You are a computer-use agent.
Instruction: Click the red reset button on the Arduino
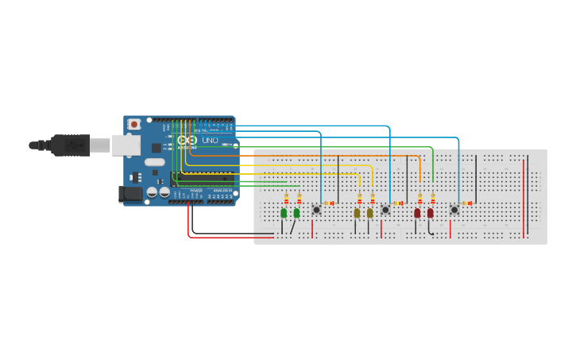click(134, 124)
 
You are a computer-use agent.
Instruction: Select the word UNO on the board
click(210, 141)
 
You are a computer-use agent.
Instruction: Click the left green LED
click(284, 213)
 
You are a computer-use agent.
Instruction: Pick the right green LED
click(296, 213)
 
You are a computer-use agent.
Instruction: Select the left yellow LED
click(357, 213)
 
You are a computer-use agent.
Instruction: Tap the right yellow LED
click(369, 213)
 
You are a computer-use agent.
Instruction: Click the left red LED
click(417, 213)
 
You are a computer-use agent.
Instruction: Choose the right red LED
click(430, 213)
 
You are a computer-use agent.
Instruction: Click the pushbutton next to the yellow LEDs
click(385, 210)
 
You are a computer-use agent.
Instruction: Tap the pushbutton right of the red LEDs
click(454, 210)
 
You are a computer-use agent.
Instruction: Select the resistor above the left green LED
click(286, 199)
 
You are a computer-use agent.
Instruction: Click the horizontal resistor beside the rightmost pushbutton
click(467, 203)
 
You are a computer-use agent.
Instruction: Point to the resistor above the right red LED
click(433, 199)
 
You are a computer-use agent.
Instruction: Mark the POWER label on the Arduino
click(195, 191)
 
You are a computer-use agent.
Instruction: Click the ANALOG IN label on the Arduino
click(222, 191)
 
